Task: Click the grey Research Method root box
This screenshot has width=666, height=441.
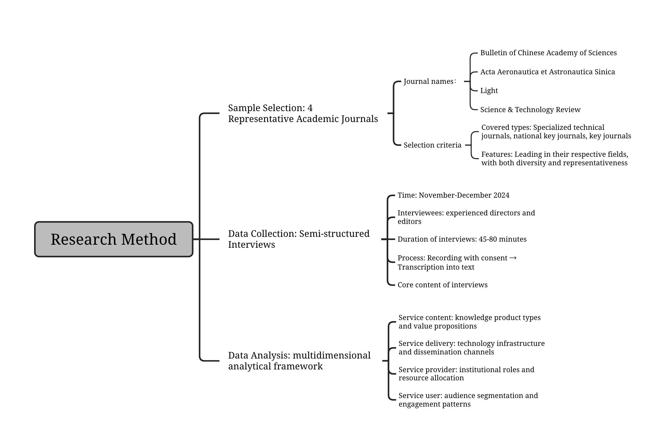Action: coord(114,239)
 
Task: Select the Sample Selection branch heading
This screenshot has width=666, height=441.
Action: coord(303,113)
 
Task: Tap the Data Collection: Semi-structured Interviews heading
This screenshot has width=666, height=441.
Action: coord(299,239)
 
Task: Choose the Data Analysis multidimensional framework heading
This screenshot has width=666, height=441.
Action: coord(299,361)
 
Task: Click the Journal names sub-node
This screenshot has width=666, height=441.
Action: coord(429,81)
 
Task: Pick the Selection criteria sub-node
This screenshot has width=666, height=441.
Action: coord(432,145)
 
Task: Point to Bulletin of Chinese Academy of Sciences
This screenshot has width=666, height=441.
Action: coord(548,53)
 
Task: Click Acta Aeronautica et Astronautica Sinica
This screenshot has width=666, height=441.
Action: coord(547,72)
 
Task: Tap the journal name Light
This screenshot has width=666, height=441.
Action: coord(489,91)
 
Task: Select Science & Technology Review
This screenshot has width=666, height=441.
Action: coord(530,110)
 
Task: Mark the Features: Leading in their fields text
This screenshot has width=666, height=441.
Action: coord(554,158)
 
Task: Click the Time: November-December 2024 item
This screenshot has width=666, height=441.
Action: coord(453,195)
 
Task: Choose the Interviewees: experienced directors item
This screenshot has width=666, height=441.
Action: coord(466,217)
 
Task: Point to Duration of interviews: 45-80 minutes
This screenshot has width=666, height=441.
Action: coord(462,239)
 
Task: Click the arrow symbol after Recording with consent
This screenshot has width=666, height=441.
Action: coord(513,258)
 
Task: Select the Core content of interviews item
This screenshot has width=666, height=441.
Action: coord(442,285)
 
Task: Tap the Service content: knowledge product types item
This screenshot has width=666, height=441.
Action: coord(469,322)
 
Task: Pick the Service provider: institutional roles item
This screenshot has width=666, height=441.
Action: coord(466,374)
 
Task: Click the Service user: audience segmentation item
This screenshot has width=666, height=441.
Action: coord(468,400)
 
